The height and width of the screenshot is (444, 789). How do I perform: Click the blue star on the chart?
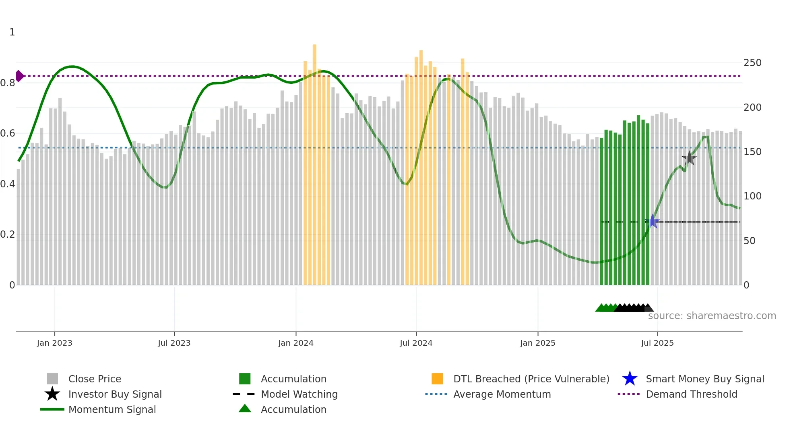tap(653, 222)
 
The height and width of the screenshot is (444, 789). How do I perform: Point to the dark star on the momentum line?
tap(689, 158)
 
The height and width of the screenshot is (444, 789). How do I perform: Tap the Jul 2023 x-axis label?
tap(174, 343)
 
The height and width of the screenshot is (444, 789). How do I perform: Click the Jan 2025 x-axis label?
tap(537, 343)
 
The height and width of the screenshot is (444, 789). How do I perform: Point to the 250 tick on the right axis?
tap(752, 63)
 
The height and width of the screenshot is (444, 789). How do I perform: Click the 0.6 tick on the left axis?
tap(8, 133)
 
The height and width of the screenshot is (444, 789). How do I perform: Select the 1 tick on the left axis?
tap(12, 32)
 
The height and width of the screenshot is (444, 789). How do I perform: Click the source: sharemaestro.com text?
tap(712, 316)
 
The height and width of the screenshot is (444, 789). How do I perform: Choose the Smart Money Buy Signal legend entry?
tap(704, 379)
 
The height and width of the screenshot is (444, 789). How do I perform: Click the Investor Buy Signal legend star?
tap(52, 394)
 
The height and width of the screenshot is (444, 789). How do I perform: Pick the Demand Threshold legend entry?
tap(691, 394)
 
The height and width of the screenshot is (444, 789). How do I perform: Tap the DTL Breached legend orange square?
tap(437, 379)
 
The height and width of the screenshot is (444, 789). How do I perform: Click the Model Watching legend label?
tap(299, 394)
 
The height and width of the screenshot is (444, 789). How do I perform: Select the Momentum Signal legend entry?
tap(112, 409)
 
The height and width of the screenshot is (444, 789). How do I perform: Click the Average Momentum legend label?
tap(502, 394)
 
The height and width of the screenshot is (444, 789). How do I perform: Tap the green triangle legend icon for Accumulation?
tap(245, 409)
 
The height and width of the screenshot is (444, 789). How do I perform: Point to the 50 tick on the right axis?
tap(749, 241)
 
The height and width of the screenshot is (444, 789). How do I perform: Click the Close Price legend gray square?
tap(52, 379)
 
